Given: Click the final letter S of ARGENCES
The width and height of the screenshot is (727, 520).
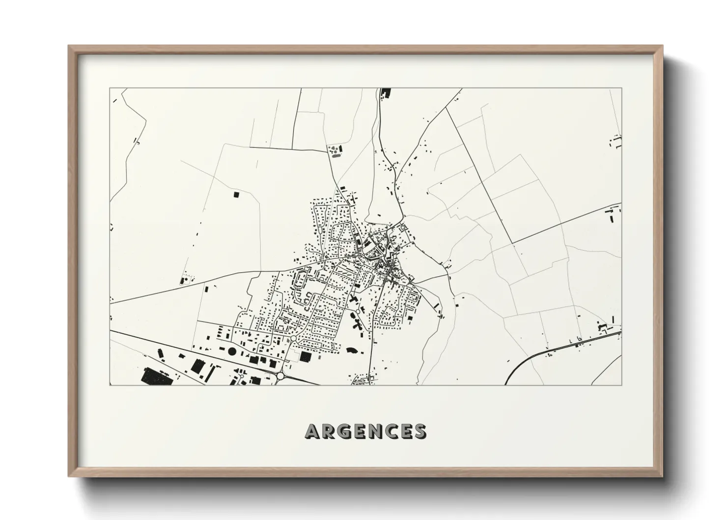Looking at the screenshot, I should tap(420, 431).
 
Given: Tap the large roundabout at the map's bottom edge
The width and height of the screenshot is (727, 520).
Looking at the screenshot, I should tap(280, 376).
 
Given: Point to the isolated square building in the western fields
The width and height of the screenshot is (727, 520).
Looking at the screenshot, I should tap(236, 195).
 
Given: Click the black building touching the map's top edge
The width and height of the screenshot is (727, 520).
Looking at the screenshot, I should tap(385, 92).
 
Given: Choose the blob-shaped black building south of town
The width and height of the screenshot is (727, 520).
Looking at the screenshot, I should tap(352, 351).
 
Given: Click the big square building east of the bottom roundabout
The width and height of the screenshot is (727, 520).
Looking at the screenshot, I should tap(306, 356).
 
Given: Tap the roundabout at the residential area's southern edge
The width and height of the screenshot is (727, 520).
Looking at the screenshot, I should tap(294, 339).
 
